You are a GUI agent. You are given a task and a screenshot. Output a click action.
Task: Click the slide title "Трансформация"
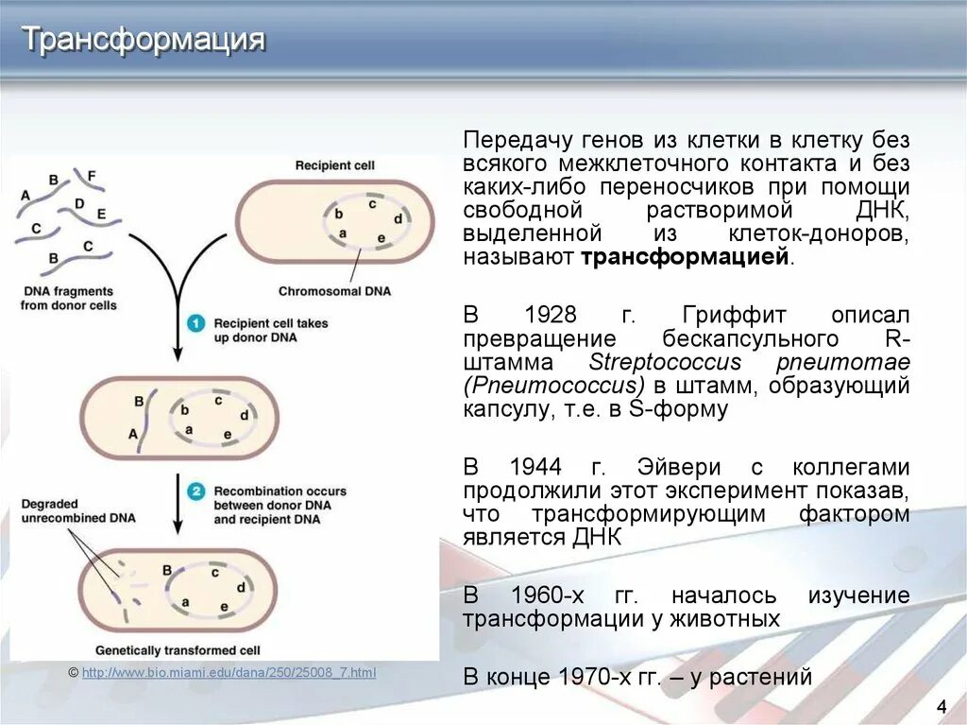point(144,40)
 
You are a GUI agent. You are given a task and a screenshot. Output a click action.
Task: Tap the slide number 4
point(941,706)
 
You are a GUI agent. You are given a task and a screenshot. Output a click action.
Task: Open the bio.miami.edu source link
point(229,672)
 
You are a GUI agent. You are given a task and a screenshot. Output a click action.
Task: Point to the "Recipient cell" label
point(334,165)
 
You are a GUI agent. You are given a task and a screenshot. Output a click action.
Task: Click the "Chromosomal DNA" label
point(334,291)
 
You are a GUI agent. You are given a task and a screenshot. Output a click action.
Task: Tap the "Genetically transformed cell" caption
point(178,650)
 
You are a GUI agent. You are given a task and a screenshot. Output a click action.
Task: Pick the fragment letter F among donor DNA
point(91,176)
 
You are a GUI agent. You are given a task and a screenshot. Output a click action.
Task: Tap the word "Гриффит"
point(723,314)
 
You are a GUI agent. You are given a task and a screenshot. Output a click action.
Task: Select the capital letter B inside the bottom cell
point(167,570)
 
